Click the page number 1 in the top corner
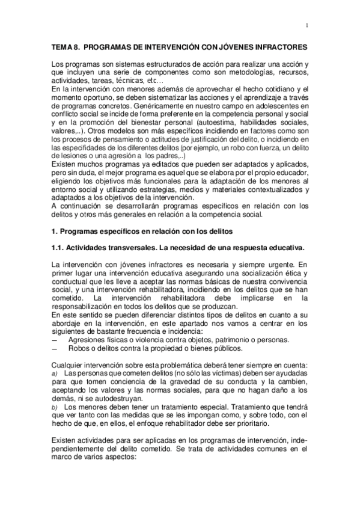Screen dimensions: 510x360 (307, 25)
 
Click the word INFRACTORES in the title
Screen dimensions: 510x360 (278, 47)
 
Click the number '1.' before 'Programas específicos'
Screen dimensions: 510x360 (55, 230)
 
